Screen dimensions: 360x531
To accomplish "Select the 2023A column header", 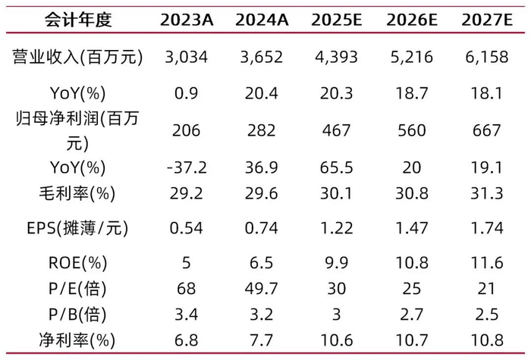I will [185, 20].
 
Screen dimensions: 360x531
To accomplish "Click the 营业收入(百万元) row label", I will [74, 57].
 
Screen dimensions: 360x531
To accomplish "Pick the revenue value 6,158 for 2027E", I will [489, 57].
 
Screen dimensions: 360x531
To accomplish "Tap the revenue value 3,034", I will [185, 57].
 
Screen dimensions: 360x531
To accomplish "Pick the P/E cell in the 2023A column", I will [185, 289].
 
